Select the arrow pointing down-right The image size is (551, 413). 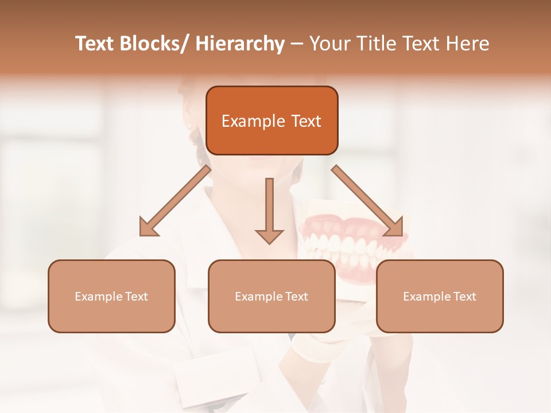(368, 201)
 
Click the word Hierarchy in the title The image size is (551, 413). (240, 44)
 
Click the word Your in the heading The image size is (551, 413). (329, 44)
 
